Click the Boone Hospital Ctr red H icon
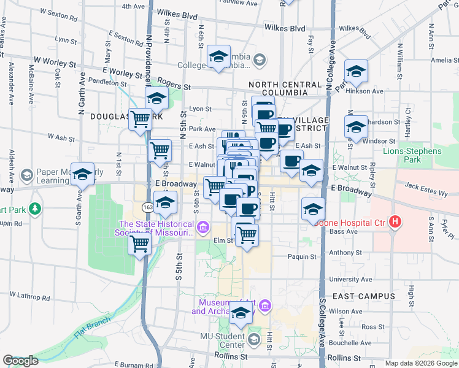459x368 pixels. [396, 221]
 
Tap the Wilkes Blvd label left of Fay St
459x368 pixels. [285, 28]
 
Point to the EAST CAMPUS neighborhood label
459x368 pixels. [363, 296]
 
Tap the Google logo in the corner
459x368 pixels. [20, 361]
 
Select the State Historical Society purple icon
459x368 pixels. [203, 229]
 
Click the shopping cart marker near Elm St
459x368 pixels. [247, 234]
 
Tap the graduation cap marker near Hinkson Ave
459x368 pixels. [356, 71]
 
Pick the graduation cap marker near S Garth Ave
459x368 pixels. [82, 174]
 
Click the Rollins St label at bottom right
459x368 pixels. [344, 357]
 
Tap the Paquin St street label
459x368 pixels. [303, 257]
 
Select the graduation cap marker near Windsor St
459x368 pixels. [356, 127]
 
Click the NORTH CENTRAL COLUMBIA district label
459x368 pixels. [285, 88]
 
